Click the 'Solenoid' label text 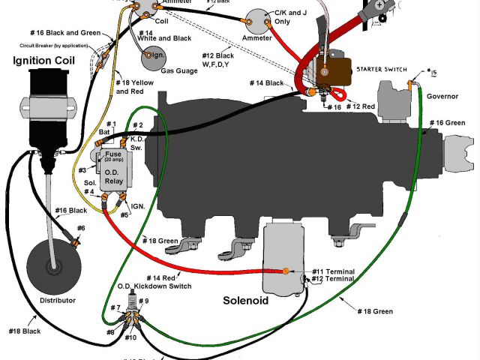252,301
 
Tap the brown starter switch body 334,73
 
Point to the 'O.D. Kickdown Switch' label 154,286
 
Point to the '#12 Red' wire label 361,107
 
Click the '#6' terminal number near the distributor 80,227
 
